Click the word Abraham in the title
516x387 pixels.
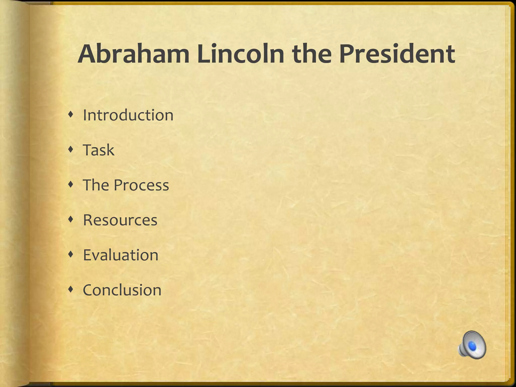[134, 54]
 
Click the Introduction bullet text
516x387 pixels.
[128, 115]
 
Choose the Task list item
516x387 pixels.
[99, 150]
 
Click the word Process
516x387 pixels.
[141, 185]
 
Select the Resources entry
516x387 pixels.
[120, 220]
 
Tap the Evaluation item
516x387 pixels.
[120, 255]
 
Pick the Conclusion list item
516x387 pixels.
[122, 290]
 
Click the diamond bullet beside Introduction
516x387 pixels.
[71, 115]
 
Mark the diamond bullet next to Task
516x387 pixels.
[71, 150]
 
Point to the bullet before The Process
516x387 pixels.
[71, 185]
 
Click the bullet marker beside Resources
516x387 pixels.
[71, 220]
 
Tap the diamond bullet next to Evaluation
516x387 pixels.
[71, 254]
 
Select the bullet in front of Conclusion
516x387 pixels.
[71, 289]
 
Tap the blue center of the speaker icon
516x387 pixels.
[473, 346]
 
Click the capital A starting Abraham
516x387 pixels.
[87, 54]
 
